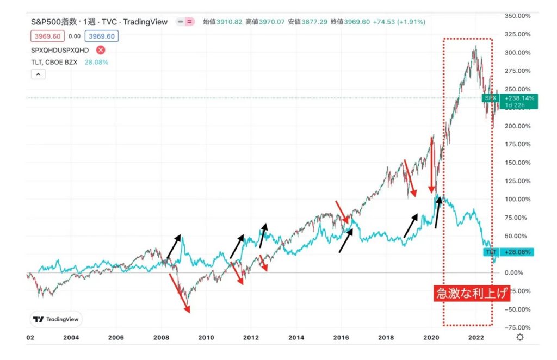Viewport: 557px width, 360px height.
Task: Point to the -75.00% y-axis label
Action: [x=518, y=327]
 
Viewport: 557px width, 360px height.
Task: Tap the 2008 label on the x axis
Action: [x=161, y=338]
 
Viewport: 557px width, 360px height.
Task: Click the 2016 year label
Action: [x=341, y=338]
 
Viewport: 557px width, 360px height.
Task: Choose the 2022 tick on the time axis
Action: [x=476, y=338]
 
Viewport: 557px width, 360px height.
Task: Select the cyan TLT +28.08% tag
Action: [x=509, y=252]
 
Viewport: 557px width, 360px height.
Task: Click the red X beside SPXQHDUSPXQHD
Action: [x=100, y=50]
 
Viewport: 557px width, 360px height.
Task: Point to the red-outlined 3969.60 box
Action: [x=48, y=36]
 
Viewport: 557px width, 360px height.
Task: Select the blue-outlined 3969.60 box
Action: [x=101, y=36]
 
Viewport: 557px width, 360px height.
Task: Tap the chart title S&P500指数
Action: [x=60, y=22]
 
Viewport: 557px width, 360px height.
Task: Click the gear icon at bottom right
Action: [x=520, y=338]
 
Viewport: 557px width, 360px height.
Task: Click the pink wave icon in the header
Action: [x=189, y=22]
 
